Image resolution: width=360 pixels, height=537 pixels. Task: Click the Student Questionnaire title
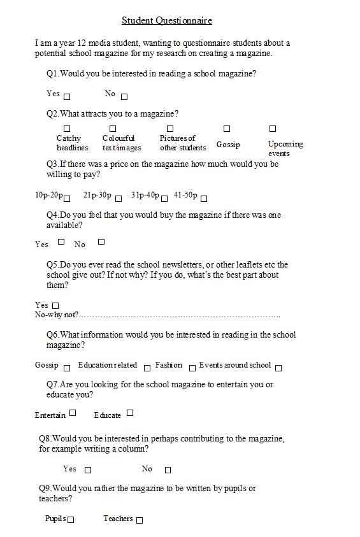click(167, 20)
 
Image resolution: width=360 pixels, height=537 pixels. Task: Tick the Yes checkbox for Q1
click(67, 97)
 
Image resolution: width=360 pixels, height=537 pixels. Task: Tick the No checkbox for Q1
click(124, 97)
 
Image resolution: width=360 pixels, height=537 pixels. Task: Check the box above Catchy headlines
click(67, 129)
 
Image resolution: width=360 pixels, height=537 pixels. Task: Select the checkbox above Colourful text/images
click(113, 129)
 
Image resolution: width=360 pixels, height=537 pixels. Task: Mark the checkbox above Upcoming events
click(273, 129)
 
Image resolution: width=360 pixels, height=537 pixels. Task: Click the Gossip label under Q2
click(228, 145)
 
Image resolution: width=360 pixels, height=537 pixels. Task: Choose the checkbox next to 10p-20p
click(67, 198)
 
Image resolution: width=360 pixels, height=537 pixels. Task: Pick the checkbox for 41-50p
click(204, 198)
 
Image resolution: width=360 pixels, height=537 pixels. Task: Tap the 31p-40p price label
click(145, 196)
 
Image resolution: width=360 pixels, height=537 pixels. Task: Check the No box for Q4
click(101, 241)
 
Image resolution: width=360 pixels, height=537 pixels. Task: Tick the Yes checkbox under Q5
click(55, 306)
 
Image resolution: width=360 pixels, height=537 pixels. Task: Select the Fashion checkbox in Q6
click(192, 368)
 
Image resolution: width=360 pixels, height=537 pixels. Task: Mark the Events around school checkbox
click(278, 368)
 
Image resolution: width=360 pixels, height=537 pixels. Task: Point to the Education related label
click(107, 365)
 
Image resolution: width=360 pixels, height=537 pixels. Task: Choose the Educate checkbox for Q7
click(130, 413)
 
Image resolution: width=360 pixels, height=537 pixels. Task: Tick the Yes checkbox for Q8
click(88, 470)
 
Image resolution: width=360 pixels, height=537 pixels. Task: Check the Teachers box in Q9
click(140, 520)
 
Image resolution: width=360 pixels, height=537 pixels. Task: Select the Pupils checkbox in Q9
click(71, 520)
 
